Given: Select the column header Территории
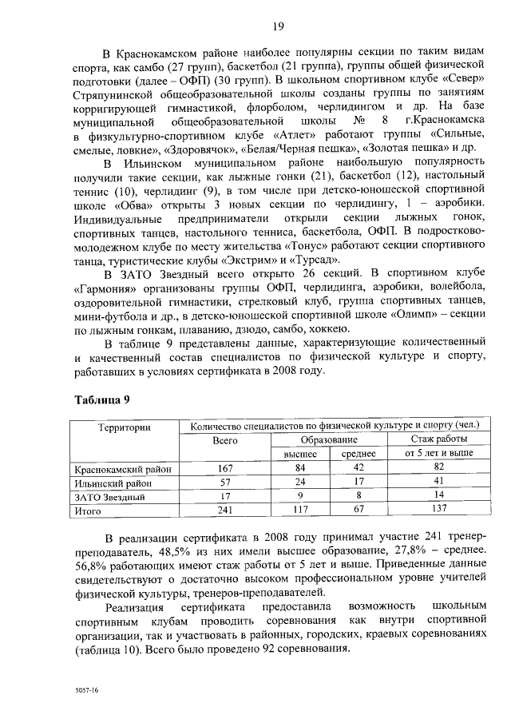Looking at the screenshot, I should pos(125,428).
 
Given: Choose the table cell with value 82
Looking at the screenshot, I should pos(439,468).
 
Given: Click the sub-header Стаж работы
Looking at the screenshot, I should pos(439,440).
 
